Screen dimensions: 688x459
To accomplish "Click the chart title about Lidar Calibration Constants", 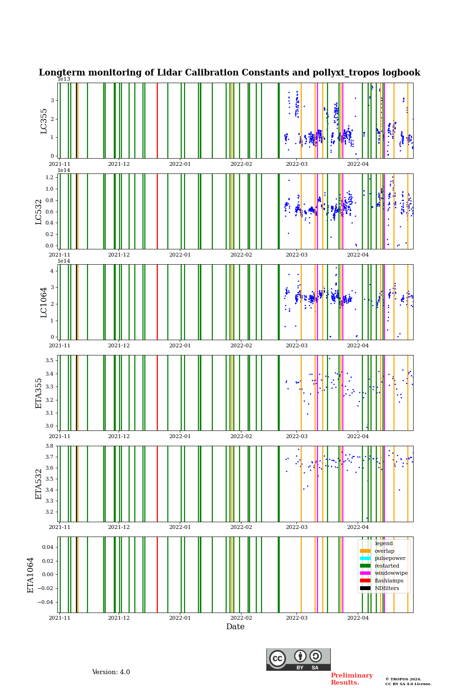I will [x=229, y=73].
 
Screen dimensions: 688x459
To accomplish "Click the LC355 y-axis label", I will [x=44, y=121].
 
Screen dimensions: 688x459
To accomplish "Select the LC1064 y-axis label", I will [x=44, y=302].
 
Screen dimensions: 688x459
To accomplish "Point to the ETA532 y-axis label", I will [x=39, y=484].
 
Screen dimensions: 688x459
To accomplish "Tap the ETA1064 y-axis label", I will [x=31, y=575].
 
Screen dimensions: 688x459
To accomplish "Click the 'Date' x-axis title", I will [x=235, y=627].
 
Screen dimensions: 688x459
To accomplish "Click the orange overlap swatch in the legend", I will [x=365, y=551].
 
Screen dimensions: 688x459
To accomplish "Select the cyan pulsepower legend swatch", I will [x=365, y=559].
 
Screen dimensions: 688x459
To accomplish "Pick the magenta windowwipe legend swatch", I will [x=365, y=573].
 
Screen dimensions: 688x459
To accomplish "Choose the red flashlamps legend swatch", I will [x=365, y=581].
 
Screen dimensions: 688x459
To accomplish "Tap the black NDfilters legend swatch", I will [x=365, y=588].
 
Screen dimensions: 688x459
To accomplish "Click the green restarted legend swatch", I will [x=365, y=566].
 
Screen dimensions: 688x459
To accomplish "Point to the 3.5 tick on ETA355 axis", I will [x=49, y=360].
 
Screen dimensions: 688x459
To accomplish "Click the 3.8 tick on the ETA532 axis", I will [x=49, y=446].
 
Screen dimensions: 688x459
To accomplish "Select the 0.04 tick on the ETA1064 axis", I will [x=46, y=547].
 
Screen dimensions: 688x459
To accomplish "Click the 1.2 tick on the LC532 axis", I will [x=49, y=177].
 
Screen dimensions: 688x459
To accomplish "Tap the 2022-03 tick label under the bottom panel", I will [x=296, y=618].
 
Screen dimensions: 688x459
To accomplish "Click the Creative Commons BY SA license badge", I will [x=298, y=659].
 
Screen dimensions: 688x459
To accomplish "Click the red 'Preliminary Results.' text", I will [x=351, y=679].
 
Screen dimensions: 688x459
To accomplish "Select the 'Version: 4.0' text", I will [x=111, y=672].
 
